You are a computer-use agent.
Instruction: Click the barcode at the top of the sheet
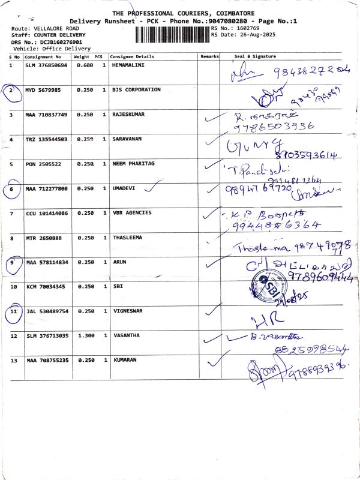(172, 33)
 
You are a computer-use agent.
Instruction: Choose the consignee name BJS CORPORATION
(136, 89)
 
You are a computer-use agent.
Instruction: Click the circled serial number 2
(11, 90)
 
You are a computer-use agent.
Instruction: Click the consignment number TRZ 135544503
(47, 139)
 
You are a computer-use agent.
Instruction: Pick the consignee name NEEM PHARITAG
(133, 164)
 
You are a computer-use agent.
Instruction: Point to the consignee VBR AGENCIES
(132, 212)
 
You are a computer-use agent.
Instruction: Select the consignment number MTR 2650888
(43, 237)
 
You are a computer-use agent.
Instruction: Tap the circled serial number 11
(12, 311)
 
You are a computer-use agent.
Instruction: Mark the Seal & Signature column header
(255, 56)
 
